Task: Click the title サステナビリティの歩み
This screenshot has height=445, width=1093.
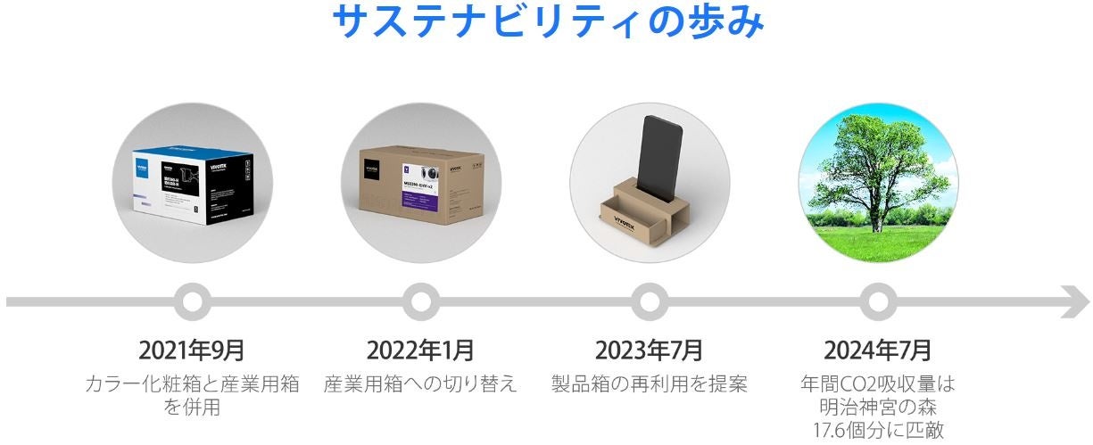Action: tap(547, 21)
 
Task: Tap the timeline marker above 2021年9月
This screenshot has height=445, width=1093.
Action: tap(192, 301)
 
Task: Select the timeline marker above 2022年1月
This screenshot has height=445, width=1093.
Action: tap(420, 301)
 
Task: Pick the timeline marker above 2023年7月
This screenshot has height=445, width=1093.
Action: tap(649, 301)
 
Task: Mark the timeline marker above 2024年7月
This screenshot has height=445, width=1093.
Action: tap(877, 301)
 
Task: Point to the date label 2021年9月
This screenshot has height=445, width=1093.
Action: tap(192, 349)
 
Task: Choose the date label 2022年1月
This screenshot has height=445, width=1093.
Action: tap(420, 349)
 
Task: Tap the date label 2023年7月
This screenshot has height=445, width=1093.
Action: tap(649, 349)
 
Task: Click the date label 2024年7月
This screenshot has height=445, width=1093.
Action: tap(877, 349)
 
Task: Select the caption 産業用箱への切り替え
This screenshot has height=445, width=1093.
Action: tap(420, 384)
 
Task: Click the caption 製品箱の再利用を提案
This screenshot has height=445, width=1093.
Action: tap(649, 384)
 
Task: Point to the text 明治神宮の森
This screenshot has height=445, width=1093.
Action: tap(877, 408)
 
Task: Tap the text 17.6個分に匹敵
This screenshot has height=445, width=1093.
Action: tap(877, 431)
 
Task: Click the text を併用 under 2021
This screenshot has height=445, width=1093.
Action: tap(192, 408)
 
